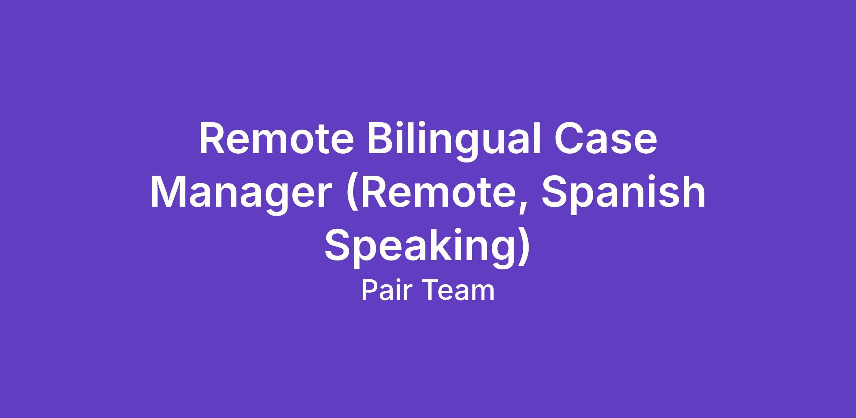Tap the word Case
tap(605, 139)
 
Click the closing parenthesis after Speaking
tap(523, 249)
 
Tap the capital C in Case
tap(567, 139)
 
